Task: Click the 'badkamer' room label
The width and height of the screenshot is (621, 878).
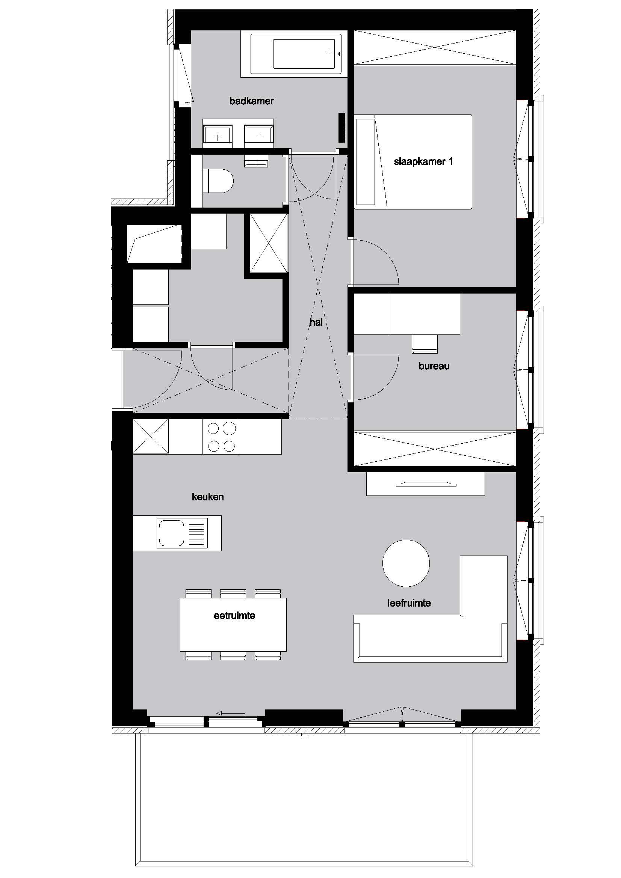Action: [x=251, y=101]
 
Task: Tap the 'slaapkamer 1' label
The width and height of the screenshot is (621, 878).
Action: [x=423, y=161]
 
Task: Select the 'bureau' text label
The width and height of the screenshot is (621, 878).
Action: [x=434, y=366]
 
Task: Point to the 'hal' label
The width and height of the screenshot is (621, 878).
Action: [x=316, y=322]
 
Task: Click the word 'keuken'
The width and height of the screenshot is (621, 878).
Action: [x=208, y=497]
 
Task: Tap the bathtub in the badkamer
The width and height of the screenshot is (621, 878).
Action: [x=296, y=54]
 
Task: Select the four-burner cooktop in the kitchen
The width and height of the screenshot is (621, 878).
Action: [x=222, y=437]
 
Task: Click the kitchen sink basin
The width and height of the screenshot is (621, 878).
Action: [x=171, y=533]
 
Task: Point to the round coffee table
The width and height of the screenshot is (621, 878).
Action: [x=406, y=563]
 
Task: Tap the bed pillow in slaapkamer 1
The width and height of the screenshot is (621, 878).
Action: [x=366, y=162]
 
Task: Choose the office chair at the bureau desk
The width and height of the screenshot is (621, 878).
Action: [x=424, y=343]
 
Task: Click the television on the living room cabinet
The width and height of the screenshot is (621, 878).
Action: [x=426, y=485]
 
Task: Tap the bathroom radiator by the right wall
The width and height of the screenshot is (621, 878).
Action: [x=342, y=128]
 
